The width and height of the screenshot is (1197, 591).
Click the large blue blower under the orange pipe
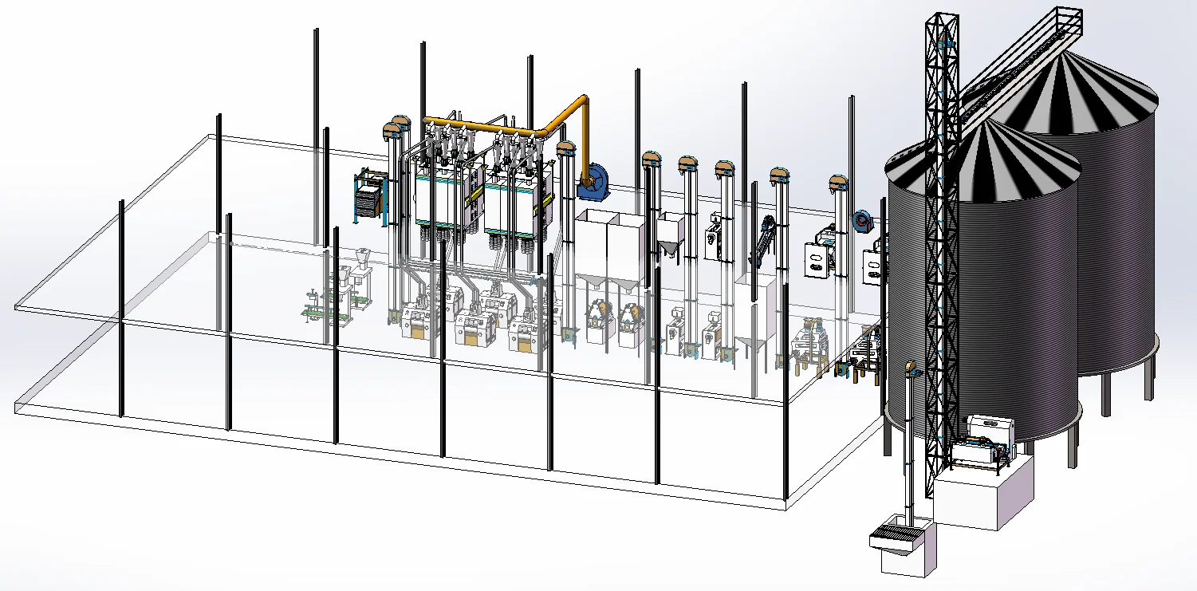(595, 183)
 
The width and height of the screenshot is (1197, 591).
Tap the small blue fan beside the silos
(861, 221)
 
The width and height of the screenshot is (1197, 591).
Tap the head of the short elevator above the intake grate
(910, 369)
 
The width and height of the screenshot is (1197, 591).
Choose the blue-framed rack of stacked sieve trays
(369, 193)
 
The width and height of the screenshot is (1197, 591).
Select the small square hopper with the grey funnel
(670, 236)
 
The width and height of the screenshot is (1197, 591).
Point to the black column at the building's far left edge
(121, 307)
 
